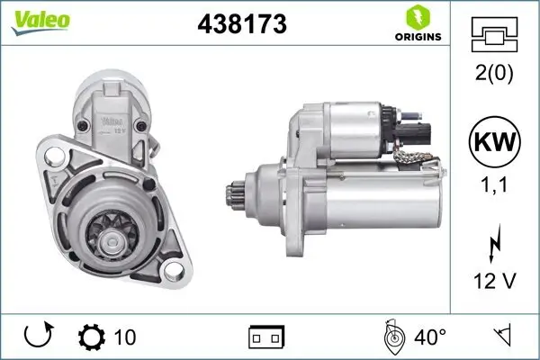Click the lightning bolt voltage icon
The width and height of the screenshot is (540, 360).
494,242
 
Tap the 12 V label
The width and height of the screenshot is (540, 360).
494,283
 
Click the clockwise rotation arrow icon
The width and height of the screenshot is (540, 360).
39,337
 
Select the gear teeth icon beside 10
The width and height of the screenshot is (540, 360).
92,337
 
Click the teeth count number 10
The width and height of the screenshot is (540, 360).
125,337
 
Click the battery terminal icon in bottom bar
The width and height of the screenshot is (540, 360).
266,338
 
